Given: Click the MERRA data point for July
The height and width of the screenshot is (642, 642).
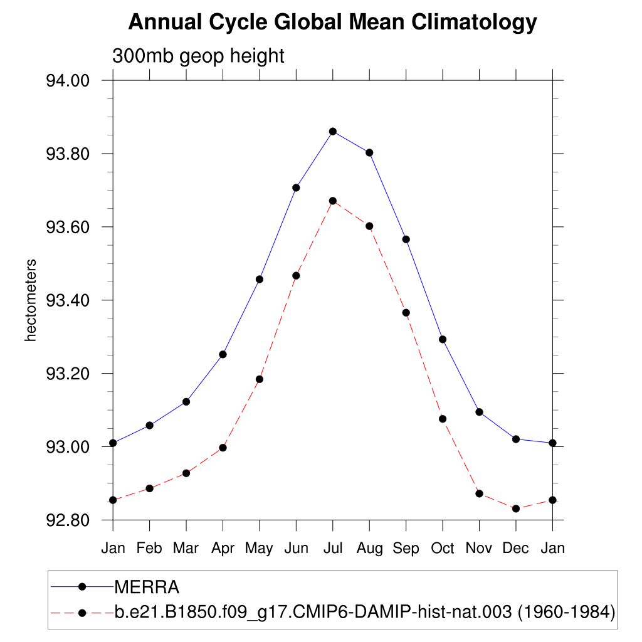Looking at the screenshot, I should (333, 131).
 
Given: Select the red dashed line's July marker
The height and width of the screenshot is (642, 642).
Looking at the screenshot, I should (333, 201).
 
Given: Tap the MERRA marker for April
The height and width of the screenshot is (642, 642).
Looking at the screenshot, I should (223, 354).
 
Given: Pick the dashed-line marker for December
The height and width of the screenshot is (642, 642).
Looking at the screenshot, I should (516, 508).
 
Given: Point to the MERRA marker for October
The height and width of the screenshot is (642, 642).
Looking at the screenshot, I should (443, 339).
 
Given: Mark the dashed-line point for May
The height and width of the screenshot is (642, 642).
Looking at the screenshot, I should (260, 379).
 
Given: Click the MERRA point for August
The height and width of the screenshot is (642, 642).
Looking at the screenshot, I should (369, 152).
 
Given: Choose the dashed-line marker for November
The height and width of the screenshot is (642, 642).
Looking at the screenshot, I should (480, 493).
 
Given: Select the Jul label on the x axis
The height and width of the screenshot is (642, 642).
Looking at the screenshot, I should (333, 548).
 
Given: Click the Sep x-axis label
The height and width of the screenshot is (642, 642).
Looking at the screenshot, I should (406, 548).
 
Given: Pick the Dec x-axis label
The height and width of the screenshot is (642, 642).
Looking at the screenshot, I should (516, 548).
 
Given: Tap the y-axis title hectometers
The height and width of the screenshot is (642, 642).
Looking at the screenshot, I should (30, 300).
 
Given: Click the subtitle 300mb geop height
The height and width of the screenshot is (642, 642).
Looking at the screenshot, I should (198, 56).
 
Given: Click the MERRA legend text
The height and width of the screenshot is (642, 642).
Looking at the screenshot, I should (147, 587).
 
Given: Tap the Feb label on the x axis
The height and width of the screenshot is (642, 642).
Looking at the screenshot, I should (149, 548).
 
